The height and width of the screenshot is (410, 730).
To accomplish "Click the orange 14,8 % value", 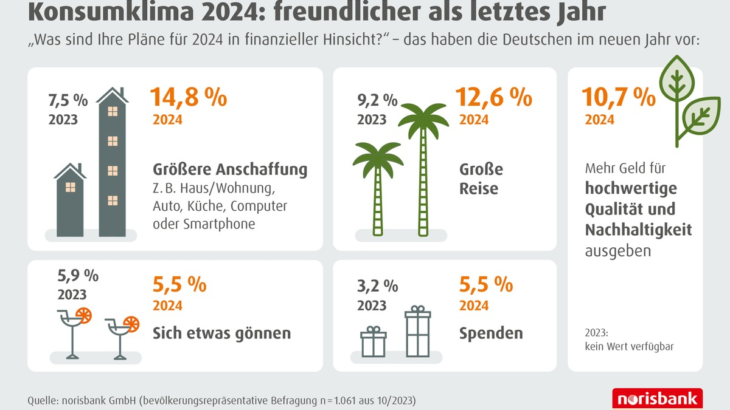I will [189, 98].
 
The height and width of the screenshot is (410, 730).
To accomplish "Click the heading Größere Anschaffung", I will [230, 169].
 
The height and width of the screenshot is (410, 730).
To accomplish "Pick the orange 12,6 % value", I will [495, 98].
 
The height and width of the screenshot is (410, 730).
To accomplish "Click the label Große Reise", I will [481, 178].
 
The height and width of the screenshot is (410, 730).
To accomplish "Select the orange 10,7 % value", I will [619, 98].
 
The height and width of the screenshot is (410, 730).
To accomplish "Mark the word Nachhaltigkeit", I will [638, 230].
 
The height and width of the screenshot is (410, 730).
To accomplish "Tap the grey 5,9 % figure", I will [78, 276].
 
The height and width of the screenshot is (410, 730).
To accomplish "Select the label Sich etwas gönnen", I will [222, 333].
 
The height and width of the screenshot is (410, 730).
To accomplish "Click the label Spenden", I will [491, 333].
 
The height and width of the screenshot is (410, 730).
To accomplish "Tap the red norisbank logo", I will [657, 399].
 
